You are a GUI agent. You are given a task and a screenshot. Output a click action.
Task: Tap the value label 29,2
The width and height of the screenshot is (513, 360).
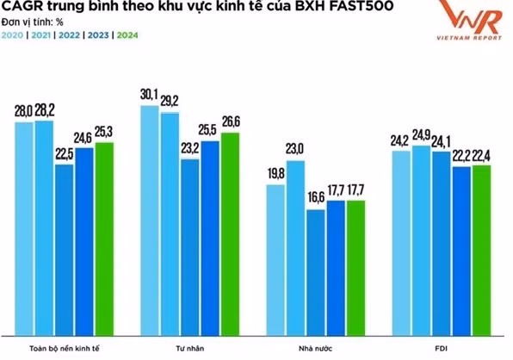pyautogui.click(x=170, y=101)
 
